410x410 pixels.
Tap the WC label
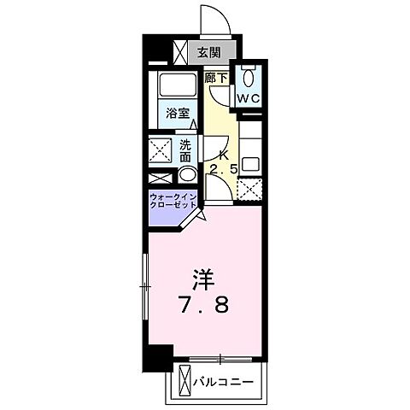coord(248,98)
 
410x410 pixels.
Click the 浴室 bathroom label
coord(178,112)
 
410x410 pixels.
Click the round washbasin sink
coord(186,176)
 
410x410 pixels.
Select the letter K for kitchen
coord(224,155)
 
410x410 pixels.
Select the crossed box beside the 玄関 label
coord(181,53)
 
